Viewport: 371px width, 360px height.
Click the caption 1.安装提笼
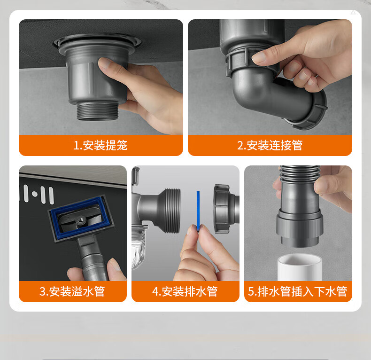(x=100, y=145)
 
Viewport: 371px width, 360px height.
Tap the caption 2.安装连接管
(x=270, y=145)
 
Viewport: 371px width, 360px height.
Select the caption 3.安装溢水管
(x=72, y=291)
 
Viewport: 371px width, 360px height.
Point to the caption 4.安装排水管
(x=185, y=291)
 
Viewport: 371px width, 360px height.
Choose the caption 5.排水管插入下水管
(x=298, y=291)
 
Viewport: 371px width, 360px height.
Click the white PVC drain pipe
(x=300, y=267)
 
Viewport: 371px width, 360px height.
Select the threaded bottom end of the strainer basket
(x=97, y=111)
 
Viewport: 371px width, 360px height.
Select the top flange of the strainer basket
(x=97, y=42)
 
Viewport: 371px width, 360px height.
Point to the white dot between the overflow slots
(x=35, y=194)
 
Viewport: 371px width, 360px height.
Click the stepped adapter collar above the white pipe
(x=300, y=227)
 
